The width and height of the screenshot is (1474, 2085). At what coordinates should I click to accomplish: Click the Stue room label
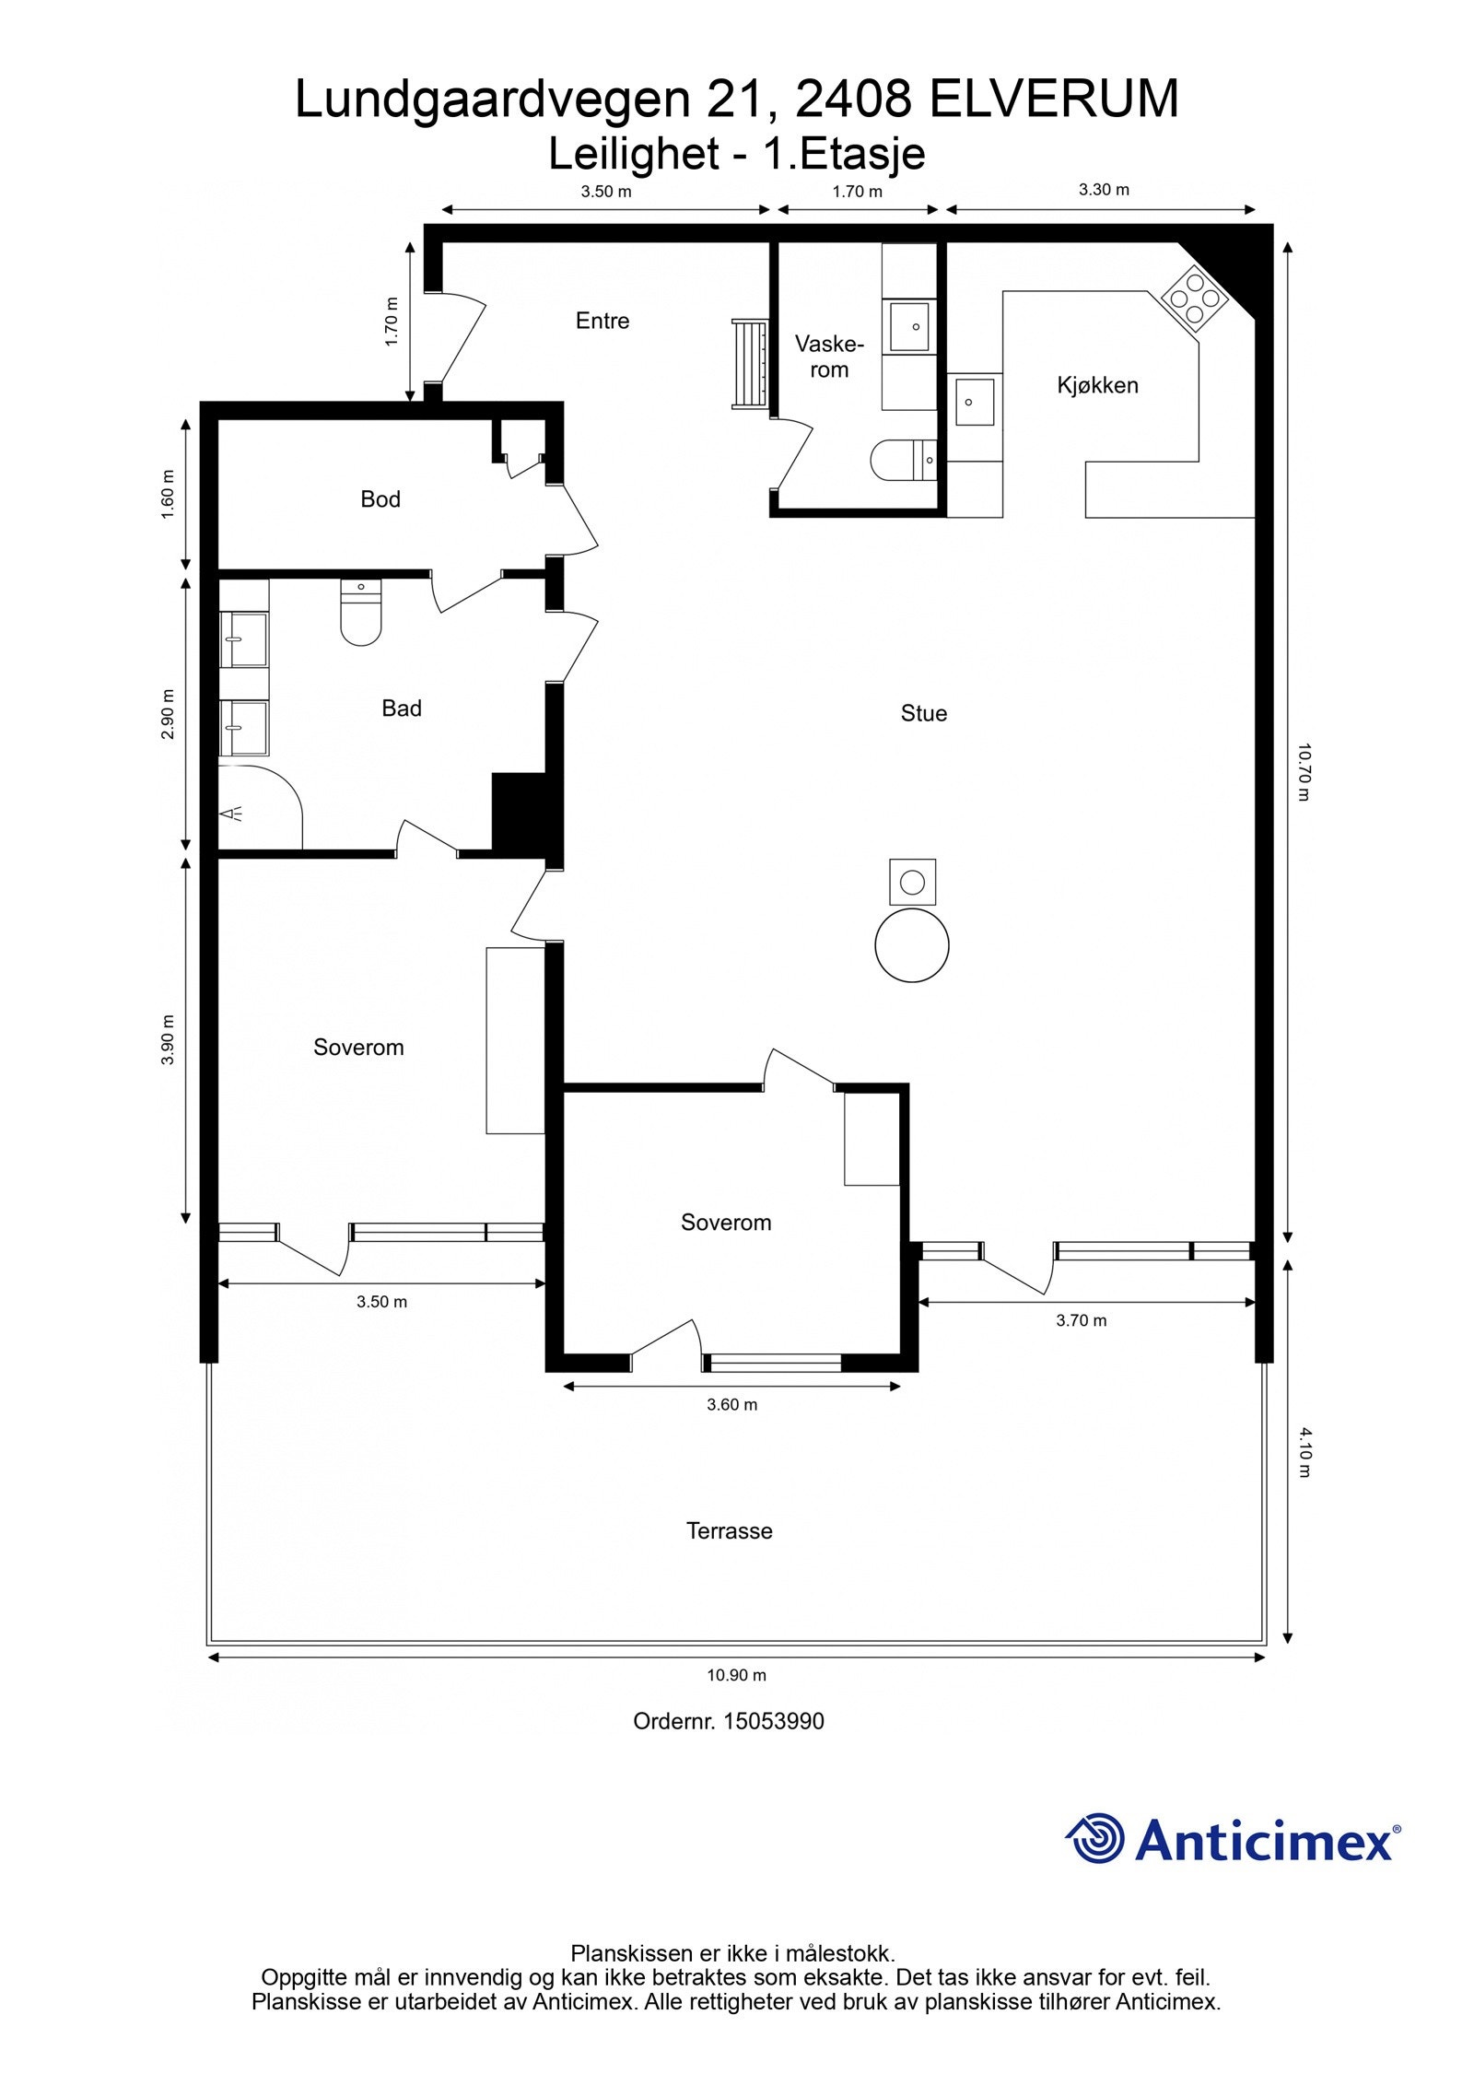pyautogui.click(x=923, y=713)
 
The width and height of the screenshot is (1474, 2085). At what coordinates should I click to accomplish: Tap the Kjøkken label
pyautogui.click(x=1097, y=385)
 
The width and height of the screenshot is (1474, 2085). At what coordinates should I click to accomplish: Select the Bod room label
pyautogui.click(x=380, y=499)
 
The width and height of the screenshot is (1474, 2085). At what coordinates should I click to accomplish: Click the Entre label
pyautogui.click(x=602, y=321)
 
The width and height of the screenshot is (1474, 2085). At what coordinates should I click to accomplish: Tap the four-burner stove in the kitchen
pyautogui.click(x=1195, y=298)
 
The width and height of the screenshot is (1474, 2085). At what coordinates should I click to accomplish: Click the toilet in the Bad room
pyautogui.click(x=360, y=612)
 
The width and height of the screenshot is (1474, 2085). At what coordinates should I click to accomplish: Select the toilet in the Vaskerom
pyautogui.click(x=904, y=461)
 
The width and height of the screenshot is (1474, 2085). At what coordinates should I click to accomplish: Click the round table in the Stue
pyautogui.click(x=911, y=945)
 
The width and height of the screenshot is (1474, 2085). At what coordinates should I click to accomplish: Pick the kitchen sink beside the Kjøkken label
pyautogui.click(x=975, y=402)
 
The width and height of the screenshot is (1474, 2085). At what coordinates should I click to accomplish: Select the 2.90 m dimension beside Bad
pyautogui.click(x=168, y=714)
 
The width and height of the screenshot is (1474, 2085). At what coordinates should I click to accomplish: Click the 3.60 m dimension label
pyautogui.click(x=731, y=1405)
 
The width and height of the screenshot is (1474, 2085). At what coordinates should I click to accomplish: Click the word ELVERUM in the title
pyautogui.click(x=1053, y=100)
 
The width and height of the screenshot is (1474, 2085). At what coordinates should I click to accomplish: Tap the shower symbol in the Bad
pyautogui.click(x=232, y=813)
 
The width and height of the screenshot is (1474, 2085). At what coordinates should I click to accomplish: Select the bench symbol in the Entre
pyautogui.click(x=750, y=364)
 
